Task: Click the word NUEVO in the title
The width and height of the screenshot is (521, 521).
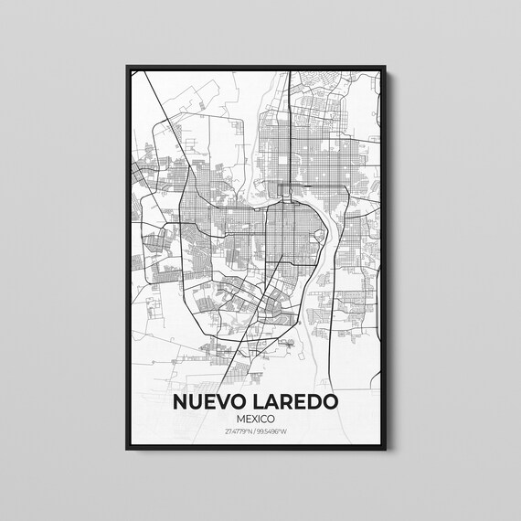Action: (211, 402)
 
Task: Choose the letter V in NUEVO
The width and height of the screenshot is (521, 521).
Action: (219, 402)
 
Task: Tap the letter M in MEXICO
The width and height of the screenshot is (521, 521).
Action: (239, 419)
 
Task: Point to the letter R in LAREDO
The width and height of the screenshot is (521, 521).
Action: (287, 402)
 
